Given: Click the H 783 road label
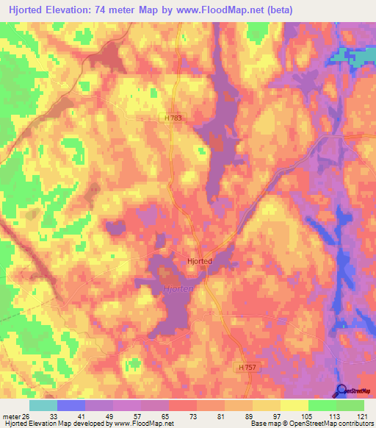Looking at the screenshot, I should [x=173, y=118].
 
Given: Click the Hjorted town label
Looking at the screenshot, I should [x=199, y=261].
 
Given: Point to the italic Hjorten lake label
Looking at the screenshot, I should [x=177, y=289].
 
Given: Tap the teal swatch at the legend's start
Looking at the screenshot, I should [x=43, y=406].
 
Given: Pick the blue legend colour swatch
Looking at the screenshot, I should [x=71, y=406].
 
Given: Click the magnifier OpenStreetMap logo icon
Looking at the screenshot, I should [x=341, y=390].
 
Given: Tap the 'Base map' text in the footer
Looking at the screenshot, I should [x=265, y=424].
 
